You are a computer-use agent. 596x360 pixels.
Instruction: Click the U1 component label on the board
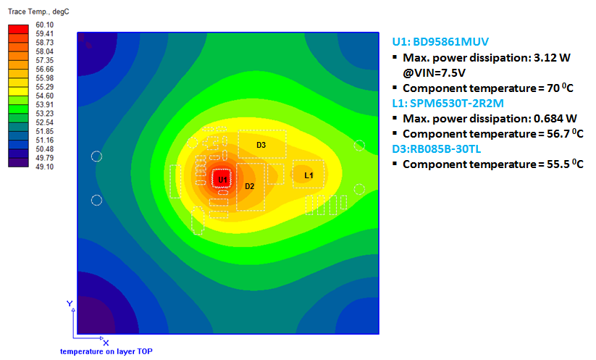(222, 180)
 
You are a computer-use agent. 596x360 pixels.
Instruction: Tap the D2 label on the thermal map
(249, 186)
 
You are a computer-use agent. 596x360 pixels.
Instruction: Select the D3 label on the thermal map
(261, 145)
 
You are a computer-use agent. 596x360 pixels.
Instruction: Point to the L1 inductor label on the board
(309, 175)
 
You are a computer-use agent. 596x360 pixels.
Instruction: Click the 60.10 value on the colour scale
(44, 25)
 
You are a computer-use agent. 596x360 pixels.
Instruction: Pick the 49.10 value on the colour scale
(44, 167)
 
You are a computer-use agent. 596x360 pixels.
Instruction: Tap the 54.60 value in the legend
(44, 96)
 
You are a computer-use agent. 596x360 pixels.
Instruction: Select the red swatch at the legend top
(18, 29)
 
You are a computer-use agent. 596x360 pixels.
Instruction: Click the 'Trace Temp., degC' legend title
(38, 12)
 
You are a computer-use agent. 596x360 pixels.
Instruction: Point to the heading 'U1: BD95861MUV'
(440, 41)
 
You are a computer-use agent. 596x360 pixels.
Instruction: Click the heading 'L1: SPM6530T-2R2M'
(448, 103)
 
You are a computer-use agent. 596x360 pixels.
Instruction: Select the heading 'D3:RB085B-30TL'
(437, 148)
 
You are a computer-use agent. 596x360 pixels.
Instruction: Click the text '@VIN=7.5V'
(434, 72)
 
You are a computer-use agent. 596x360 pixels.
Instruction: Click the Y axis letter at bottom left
(70, 304)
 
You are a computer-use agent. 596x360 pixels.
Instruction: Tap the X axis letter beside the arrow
(106, 343)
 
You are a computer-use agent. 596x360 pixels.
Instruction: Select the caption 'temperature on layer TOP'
(106, 351)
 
